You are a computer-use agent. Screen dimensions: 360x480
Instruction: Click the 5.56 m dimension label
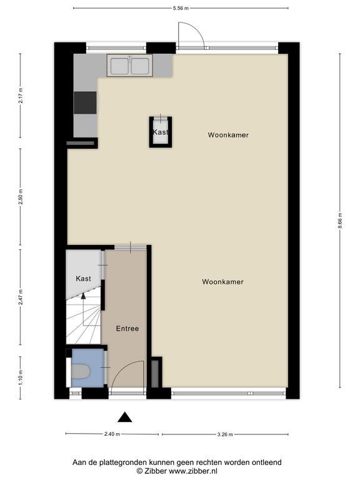point(181,8)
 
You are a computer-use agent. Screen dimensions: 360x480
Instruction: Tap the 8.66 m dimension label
point(340,221)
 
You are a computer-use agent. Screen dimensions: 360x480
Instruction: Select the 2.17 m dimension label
point(21,96)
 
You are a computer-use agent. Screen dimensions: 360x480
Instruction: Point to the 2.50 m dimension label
point(21,196)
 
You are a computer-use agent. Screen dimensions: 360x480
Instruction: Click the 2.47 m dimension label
point(21,297)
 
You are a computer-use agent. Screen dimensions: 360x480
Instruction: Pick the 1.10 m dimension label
point(21,377)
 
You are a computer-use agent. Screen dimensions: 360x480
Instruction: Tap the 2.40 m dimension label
point(112,434)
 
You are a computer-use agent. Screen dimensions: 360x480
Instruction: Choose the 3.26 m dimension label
point(225,434)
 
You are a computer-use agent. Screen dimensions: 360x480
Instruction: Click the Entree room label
point(127,329)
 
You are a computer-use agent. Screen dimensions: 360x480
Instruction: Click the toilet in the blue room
point(80,371)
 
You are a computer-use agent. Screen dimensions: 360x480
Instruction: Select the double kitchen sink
point(130,66)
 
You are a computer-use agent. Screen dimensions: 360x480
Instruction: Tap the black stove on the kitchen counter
point(85,102)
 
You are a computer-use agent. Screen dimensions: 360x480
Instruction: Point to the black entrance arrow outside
point(125,417)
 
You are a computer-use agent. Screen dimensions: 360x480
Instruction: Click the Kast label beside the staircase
point(83,279)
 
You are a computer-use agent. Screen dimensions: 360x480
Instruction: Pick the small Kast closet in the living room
point(161,132)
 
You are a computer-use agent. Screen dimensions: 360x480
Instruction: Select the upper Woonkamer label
point(228,135)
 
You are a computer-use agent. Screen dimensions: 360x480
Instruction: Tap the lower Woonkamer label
point(223,282)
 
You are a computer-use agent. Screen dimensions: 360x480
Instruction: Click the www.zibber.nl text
point(193,471)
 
